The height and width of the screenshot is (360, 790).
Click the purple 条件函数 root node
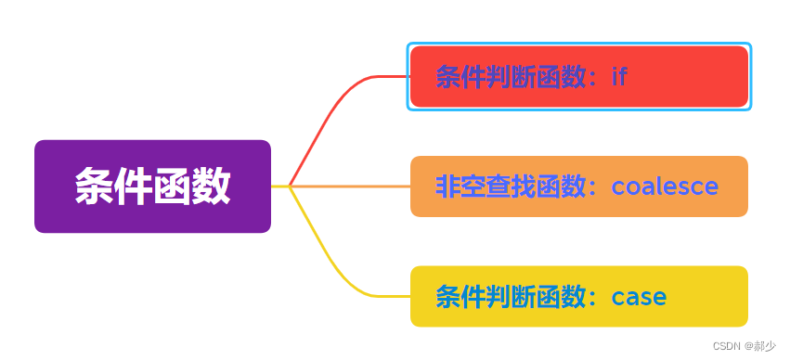click(x=152, y=186)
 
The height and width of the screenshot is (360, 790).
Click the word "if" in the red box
click(x=619, y=76)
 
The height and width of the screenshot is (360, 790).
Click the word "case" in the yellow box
click(x=639, y=297)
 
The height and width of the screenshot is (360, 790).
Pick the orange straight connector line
click(x=353, y=186)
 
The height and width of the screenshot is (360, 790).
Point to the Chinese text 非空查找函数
click(x=511, y=186)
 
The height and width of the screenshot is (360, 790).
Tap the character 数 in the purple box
click(x=212, y=186)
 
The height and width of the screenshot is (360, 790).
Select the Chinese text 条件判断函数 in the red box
click(x=511, y=76)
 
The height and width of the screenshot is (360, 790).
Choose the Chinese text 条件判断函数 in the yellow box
click(x=511, y=297)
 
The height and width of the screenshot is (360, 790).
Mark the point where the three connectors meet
click(x=291, y=186)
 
